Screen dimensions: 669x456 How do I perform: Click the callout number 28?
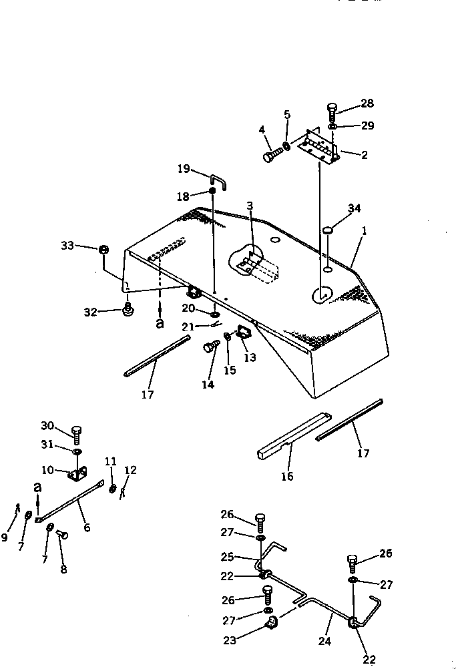(367, 103)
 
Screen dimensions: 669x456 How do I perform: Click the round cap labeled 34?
(328, 231)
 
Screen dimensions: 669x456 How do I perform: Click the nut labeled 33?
(103, 250)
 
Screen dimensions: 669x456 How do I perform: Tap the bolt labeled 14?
(210, 347)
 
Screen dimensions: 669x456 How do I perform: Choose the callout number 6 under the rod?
(87, 527)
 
